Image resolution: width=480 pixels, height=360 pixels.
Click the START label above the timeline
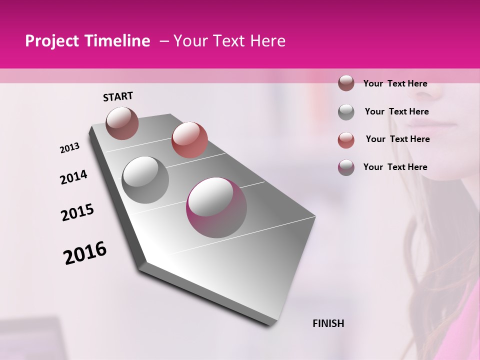point(118,96)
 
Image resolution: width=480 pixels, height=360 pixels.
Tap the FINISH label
point(328,323)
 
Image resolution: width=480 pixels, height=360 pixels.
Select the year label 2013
point(70,148)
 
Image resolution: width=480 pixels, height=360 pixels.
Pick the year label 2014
point(74,177)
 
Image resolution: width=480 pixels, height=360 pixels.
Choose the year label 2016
point(85,253)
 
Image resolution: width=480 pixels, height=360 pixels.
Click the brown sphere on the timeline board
point(122,123)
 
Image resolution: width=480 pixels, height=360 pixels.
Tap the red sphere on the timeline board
point(189,140)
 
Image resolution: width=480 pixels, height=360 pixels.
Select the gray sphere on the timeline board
point(145,179)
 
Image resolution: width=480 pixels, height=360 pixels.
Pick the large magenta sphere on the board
point(216,207)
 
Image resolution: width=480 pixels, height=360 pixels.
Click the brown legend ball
point(346,83)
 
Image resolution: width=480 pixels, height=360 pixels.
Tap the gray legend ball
point(346,112)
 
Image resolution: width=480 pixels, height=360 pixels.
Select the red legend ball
point(346,139)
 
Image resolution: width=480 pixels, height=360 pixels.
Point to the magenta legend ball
point(346,167)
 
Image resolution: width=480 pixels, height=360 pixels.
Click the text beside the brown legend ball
point(395,83)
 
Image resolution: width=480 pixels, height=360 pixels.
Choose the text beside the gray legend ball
point(396,111)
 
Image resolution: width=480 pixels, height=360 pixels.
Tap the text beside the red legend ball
point(397,139)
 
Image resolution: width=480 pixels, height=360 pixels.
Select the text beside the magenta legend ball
point(395,167)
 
